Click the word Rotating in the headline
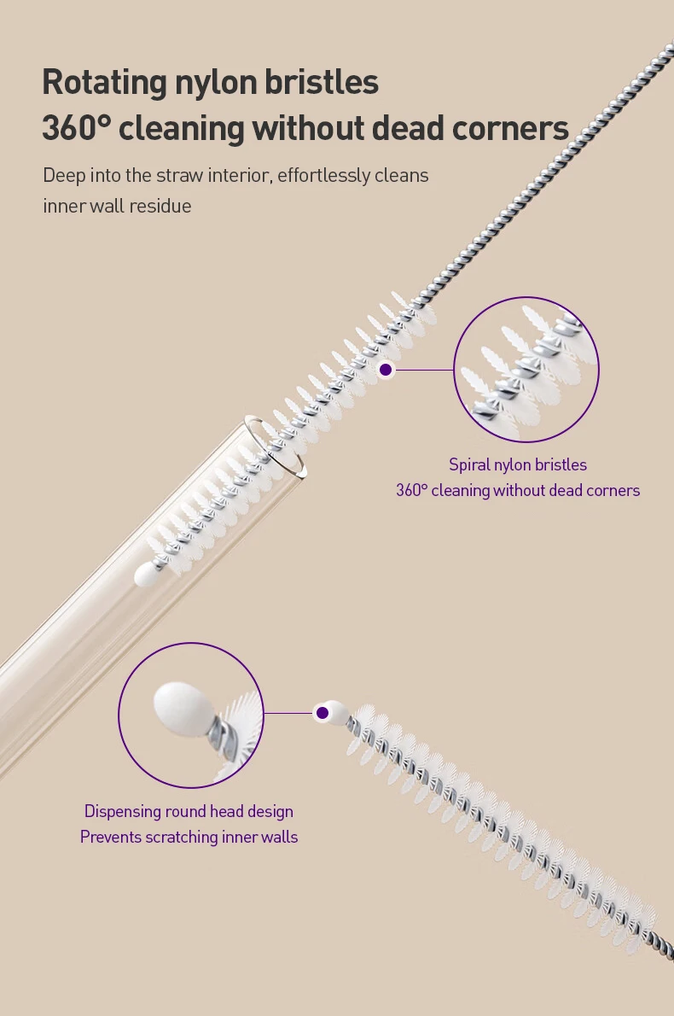coord(105,83)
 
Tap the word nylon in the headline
coord(214,83)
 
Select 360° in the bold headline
coord(77,128)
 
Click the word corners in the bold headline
coord(510,128)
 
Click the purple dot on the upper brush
coord(386,370)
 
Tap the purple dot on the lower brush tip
coord(322,714)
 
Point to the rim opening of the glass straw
coord(274,448)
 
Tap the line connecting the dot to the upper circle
coord(424,370)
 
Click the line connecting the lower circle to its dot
coord(288,714)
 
